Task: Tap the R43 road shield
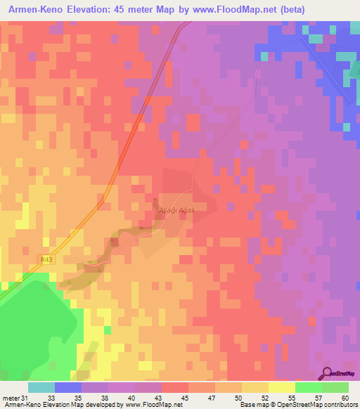coord(46,259)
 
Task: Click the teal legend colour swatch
coord(41,387)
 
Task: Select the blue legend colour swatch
coord(68,387)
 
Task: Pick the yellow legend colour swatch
coord(282,387)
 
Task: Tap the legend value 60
coord(345,398)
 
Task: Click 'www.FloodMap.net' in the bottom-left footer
coord(148,405)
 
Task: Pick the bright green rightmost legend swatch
coord(335,387)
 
